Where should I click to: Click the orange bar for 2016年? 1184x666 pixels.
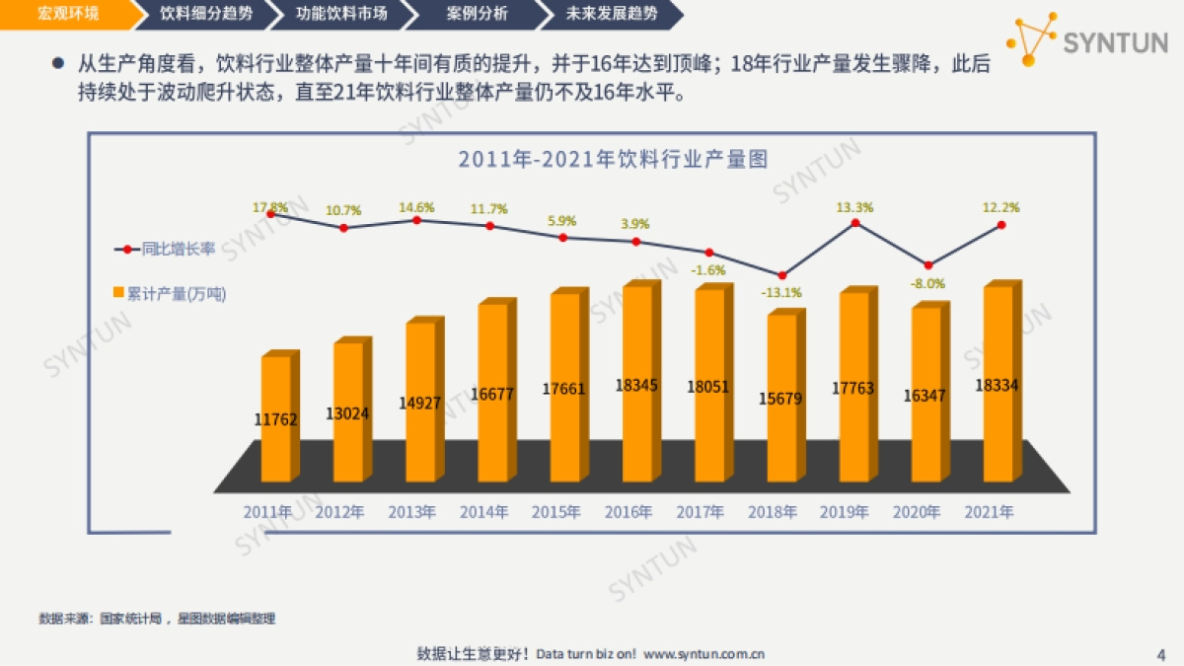tap(636, 385)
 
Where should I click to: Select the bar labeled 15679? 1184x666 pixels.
tap(781, 400)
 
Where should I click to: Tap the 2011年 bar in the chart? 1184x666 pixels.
tap(275, 419)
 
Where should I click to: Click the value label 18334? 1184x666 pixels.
tap(998, 385)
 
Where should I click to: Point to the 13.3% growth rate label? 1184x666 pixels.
tap(854, 207)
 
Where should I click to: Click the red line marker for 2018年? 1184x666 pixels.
tap(781, 275)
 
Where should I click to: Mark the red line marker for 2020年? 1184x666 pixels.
tap(927, 265)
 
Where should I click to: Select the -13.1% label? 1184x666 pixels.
tap(780, 292)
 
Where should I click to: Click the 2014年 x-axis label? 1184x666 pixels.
tap(484, 512)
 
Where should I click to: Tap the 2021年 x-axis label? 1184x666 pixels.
tap(990, 512)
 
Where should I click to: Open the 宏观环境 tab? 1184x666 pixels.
tap(59, 14)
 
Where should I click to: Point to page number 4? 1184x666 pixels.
tap(1159, 654)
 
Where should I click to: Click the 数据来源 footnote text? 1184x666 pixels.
tap(157, 619)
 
